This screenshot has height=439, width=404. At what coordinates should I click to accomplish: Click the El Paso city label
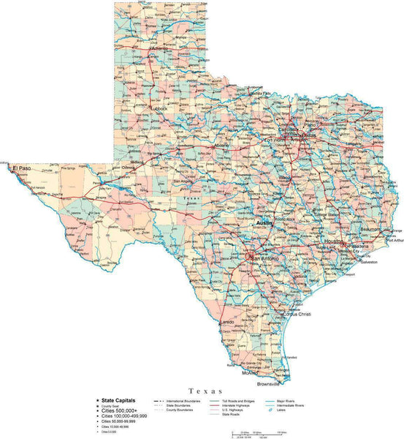23,168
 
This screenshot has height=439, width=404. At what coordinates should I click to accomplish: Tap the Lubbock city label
159,108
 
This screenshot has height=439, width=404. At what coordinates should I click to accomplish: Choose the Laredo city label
227,322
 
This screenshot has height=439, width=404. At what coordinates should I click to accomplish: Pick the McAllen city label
251,372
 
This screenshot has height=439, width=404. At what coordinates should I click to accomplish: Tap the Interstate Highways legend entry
232,405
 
